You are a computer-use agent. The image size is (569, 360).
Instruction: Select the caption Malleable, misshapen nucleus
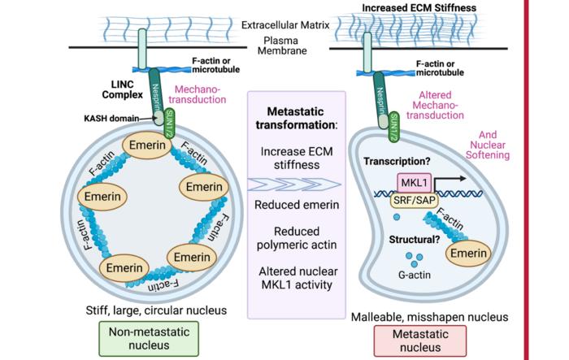[421, 315]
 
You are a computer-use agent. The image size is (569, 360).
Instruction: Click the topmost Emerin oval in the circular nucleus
[148, 146]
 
